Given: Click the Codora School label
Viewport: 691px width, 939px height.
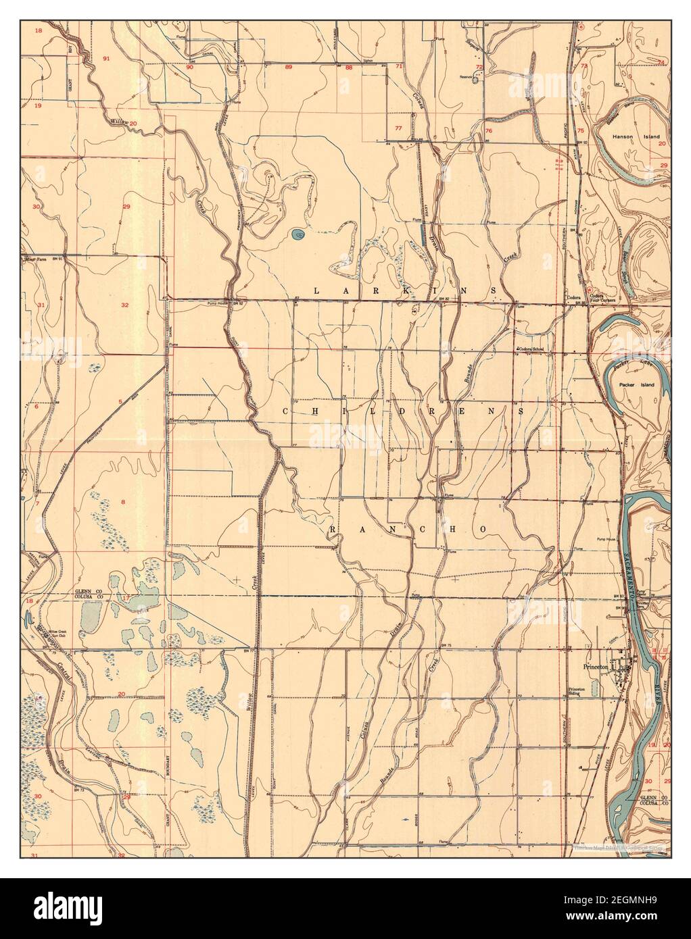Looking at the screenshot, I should click(531, 349).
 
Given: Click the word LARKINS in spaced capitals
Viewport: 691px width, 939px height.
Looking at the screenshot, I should click(406, 290).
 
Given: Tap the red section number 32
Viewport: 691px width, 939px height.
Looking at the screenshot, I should click(125, 305).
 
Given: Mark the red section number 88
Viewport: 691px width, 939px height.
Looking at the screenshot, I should click(349, 68).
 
